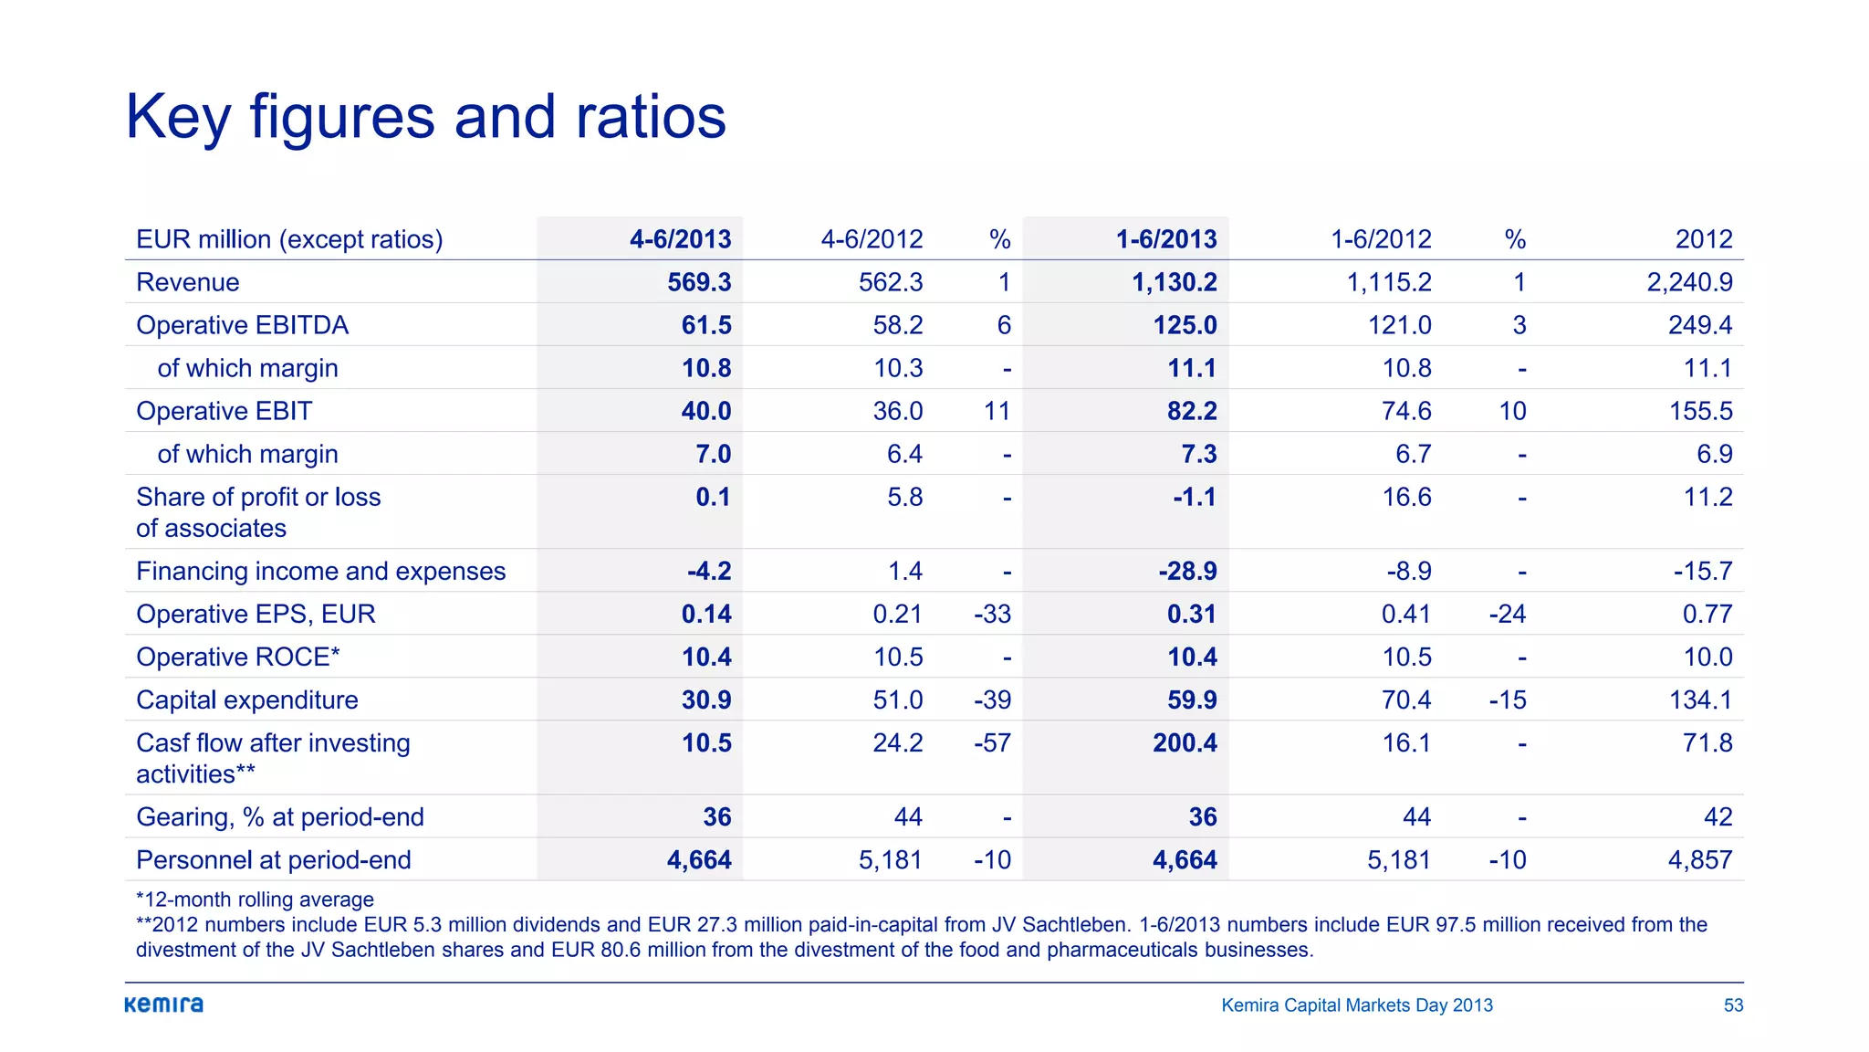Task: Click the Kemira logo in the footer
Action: [164, 1005]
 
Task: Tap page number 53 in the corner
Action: [1733, 1005]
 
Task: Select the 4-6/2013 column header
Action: [680, 239]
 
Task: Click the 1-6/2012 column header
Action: [1380, 239]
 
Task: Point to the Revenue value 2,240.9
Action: [1689, 282]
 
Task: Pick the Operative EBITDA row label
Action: [242, 325]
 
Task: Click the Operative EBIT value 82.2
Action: [1191, 411]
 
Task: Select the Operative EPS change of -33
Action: [992, 614]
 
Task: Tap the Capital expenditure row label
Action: [247, 700]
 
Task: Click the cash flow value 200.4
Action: [1184, 742]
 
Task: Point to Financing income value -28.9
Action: [1187, 571]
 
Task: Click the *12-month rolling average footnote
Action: [255, 899]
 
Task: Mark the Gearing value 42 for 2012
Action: [1718, 816]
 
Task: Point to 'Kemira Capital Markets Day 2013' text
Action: [1356, 1005]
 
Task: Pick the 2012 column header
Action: [1703, 239]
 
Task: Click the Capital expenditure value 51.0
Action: [897, 700]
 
